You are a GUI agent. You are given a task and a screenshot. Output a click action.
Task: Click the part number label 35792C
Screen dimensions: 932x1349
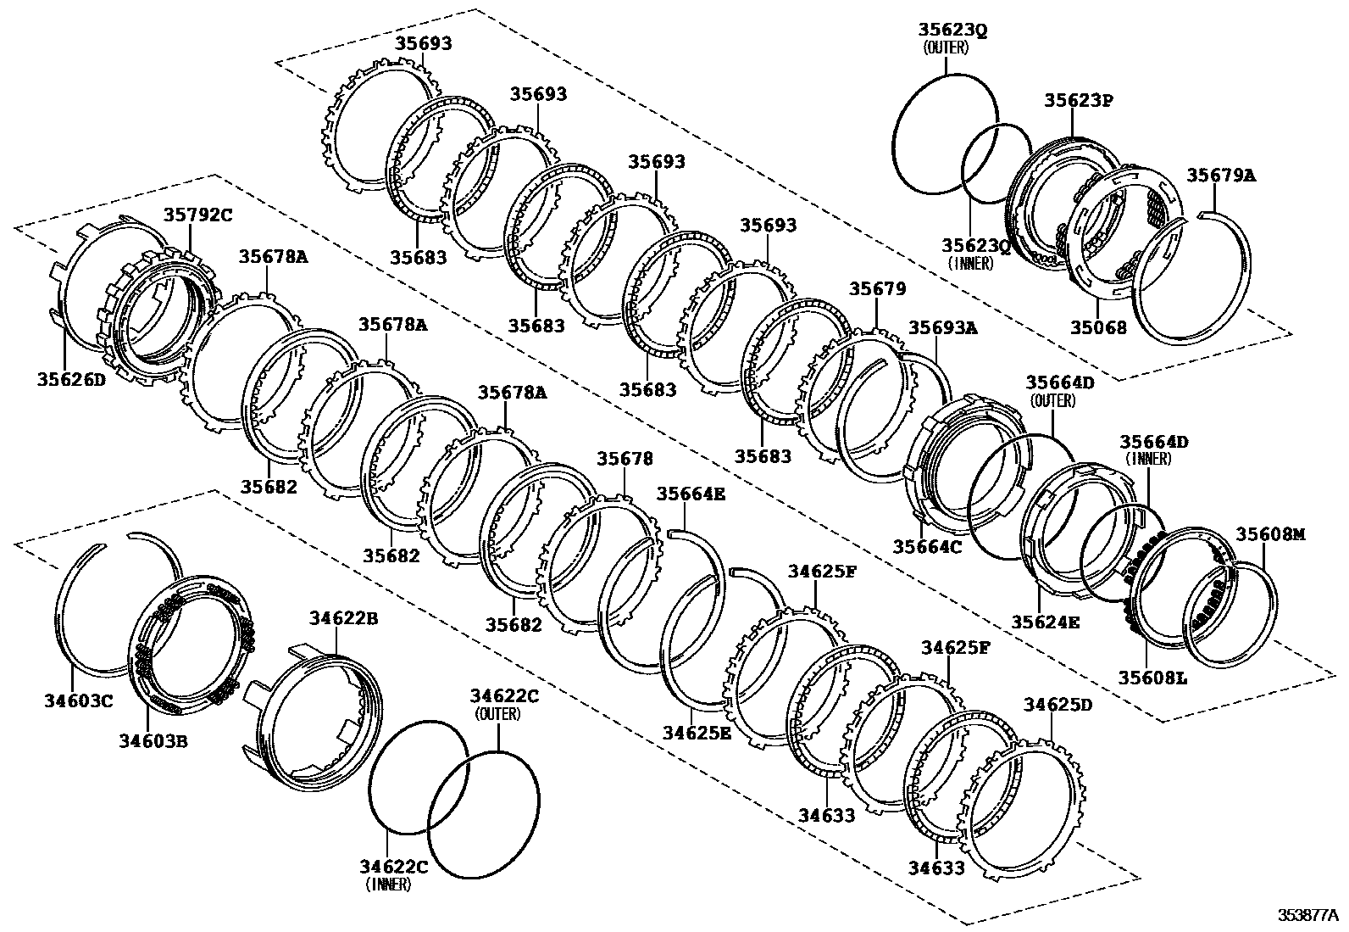point(197,215)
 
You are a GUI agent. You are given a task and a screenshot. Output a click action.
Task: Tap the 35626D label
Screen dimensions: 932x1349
point(71,379)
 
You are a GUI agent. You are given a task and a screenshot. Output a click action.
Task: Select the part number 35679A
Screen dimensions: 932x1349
point(1220,176)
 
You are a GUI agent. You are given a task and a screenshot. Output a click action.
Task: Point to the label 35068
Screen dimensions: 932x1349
point(1098,327)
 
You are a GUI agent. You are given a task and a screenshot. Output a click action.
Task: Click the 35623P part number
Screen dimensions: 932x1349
point(1078,100)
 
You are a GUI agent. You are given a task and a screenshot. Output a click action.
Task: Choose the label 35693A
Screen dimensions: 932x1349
point(942,327)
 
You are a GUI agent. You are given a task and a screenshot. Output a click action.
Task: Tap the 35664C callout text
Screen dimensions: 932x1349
point(927,547)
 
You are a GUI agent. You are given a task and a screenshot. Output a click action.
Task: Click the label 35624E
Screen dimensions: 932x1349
point(1046,622)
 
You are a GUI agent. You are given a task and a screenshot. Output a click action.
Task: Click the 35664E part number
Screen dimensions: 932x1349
point(691,494)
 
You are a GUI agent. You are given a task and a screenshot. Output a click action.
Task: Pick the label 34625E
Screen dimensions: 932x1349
point(697,732)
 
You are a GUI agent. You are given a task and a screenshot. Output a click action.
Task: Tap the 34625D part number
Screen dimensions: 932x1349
point(1058,705)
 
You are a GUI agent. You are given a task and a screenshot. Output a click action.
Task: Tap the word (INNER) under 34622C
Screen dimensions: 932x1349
point(389,885)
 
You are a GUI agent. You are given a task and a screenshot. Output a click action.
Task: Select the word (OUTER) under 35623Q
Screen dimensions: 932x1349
point(945,47)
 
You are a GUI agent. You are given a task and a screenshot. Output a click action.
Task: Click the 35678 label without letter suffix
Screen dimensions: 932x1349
point(625,459)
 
